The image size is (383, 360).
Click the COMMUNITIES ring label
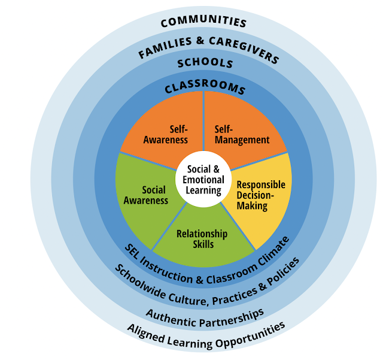[x=203, y=22]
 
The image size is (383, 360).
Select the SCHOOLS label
[x=205, y=63]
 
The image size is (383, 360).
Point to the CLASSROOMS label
[x=205, y=87]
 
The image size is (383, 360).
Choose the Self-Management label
[x=242, y=135]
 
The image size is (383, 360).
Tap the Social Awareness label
[x=145, y=195]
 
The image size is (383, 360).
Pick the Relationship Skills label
[x=202, y=239]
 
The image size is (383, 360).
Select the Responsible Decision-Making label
[x=260, y=195]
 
